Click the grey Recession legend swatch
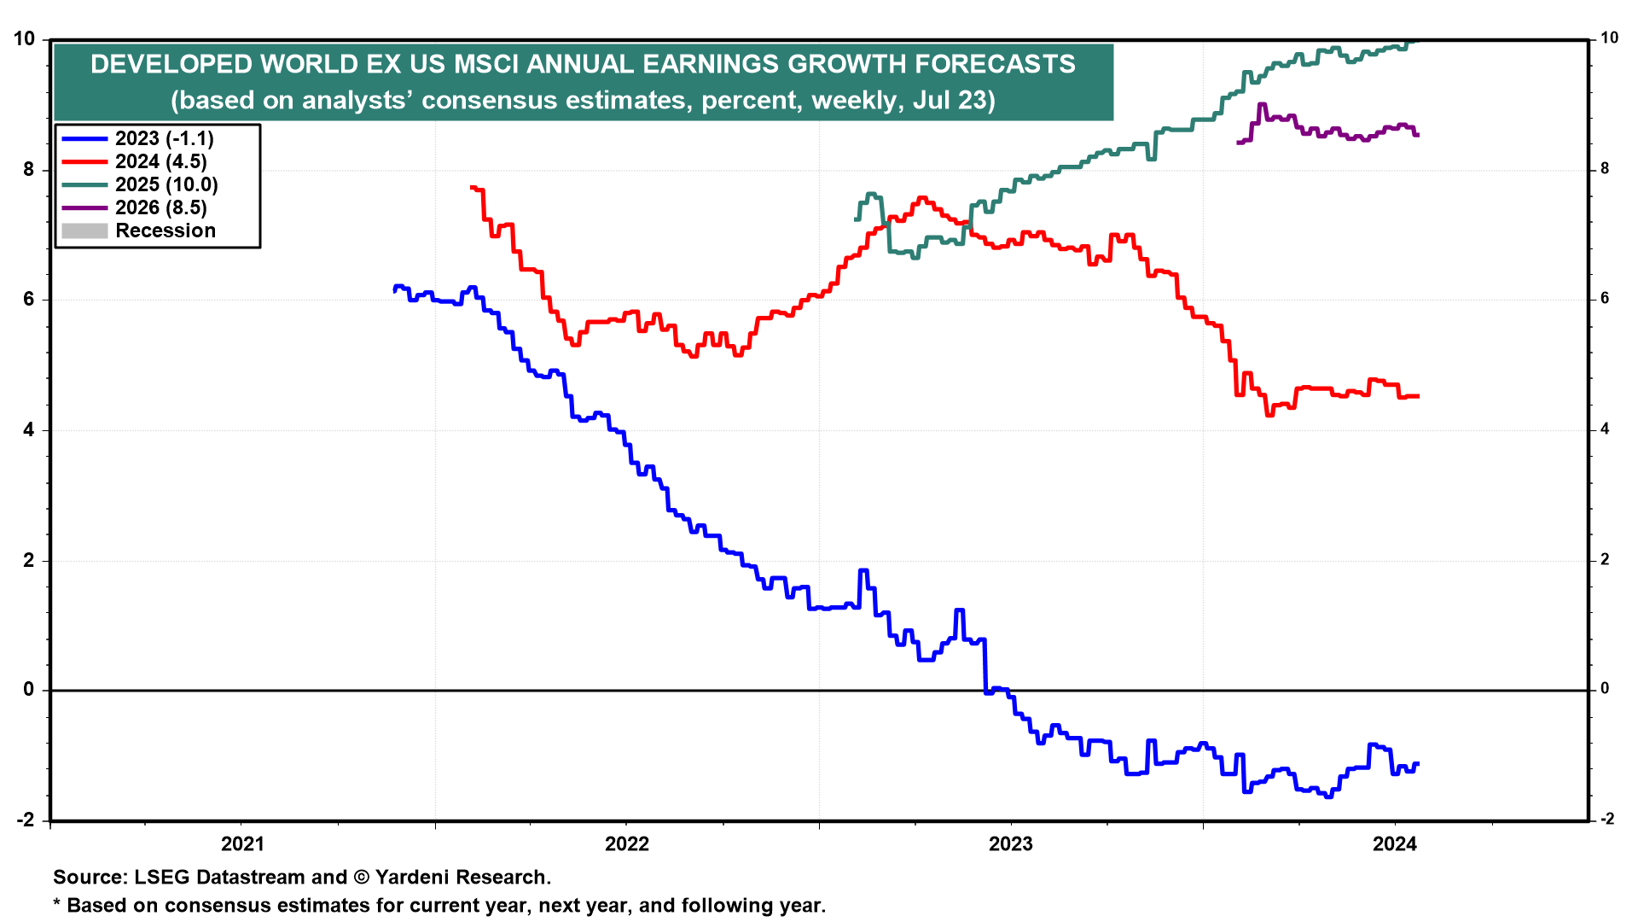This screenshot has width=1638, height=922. click(x=84, y=230)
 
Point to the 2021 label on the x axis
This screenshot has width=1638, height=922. click(x=242, y=844)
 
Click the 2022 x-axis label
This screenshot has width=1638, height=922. click(x=627, y=844)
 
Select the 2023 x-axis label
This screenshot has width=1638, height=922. click(x=1010, y=844)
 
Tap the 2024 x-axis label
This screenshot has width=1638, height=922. click(x=1394, y=844)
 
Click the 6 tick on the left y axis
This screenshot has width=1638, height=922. click(x=29, y=300)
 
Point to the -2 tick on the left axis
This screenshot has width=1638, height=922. click(x=26, y=820)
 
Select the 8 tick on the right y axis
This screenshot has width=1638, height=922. click(x=1605, y=169)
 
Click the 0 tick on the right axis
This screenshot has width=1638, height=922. click(x=1605, y=689)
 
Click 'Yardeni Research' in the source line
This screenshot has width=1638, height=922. click(x=462, y=877)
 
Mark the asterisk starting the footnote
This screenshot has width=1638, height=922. click(x=57, y=904)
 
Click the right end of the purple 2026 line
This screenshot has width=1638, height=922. click(x=1417, y=135)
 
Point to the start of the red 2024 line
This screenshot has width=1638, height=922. click(x=472, y=187)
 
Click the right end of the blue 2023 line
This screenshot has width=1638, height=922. click(x=1417, y=764)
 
